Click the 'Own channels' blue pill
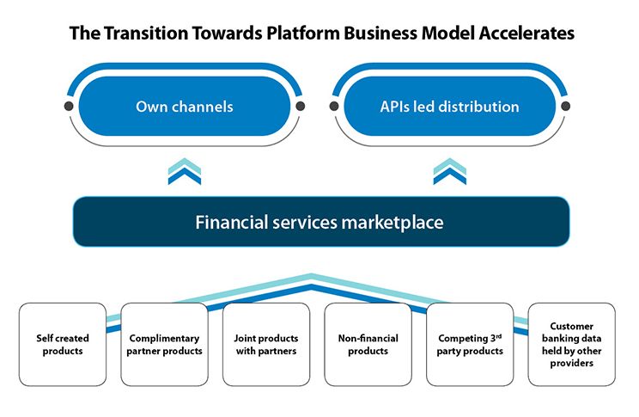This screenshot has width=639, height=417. pos(185,107)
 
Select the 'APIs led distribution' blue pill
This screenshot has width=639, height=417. pos(449,107)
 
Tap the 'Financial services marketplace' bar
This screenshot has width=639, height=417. pos(319,223)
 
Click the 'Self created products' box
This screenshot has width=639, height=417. pos(63,344)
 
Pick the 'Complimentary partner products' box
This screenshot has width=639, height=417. pos(164,344)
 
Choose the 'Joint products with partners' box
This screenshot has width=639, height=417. pos(266,344)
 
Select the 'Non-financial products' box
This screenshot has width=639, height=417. pos(368,344)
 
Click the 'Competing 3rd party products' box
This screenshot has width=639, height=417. pos(470,344)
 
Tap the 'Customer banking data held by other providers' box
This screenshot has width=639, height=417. pos(571,344)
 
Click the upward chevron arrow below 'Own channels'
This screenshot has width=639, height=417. pos(185,171)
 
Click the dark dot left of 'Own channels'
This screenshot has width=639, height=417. pos(68,107)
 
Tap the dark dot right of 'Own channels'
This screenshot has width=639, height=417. pos(301,107)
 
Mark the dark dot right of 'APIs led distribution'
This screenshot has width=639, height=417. pos(566,107)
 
